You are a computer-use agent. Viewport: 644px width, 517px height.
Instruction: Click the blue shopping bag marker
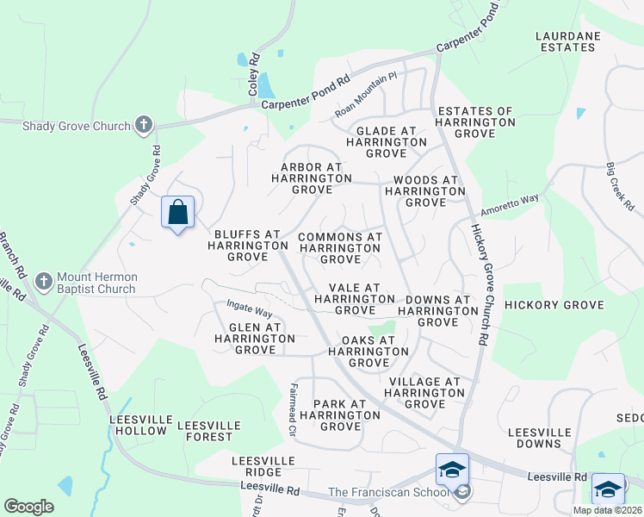click(177, 212)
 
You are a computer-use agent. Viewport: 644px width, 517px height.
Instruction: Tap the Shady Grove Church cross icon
click(144, 126)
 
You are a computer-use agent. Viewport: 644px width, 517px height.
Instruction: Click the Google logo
click(28, 507)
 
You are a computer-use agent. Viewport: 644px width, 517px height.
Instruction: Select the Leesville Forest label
click(205, 431)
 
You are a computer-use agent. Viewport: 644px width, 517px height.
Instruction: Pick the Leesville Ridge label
click(257, 467)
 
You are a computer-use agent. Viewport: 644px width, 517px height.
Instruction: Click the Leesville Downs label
click(540, 438)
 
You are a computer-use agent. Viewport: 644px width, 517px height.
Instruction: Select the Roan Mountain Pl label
click(366, 97)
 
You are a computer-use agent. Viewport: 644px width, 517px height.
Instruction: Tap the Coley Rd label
click(254, 73)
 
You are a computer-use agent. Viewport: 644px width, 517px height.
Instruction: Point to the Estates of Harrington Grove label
click(475, 122)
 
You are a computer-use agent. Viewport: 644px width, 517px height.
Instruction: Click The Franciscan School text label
click(388, 493)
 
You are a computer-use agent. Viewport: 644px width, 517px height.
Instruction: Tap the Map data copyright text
click(606, 510)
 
